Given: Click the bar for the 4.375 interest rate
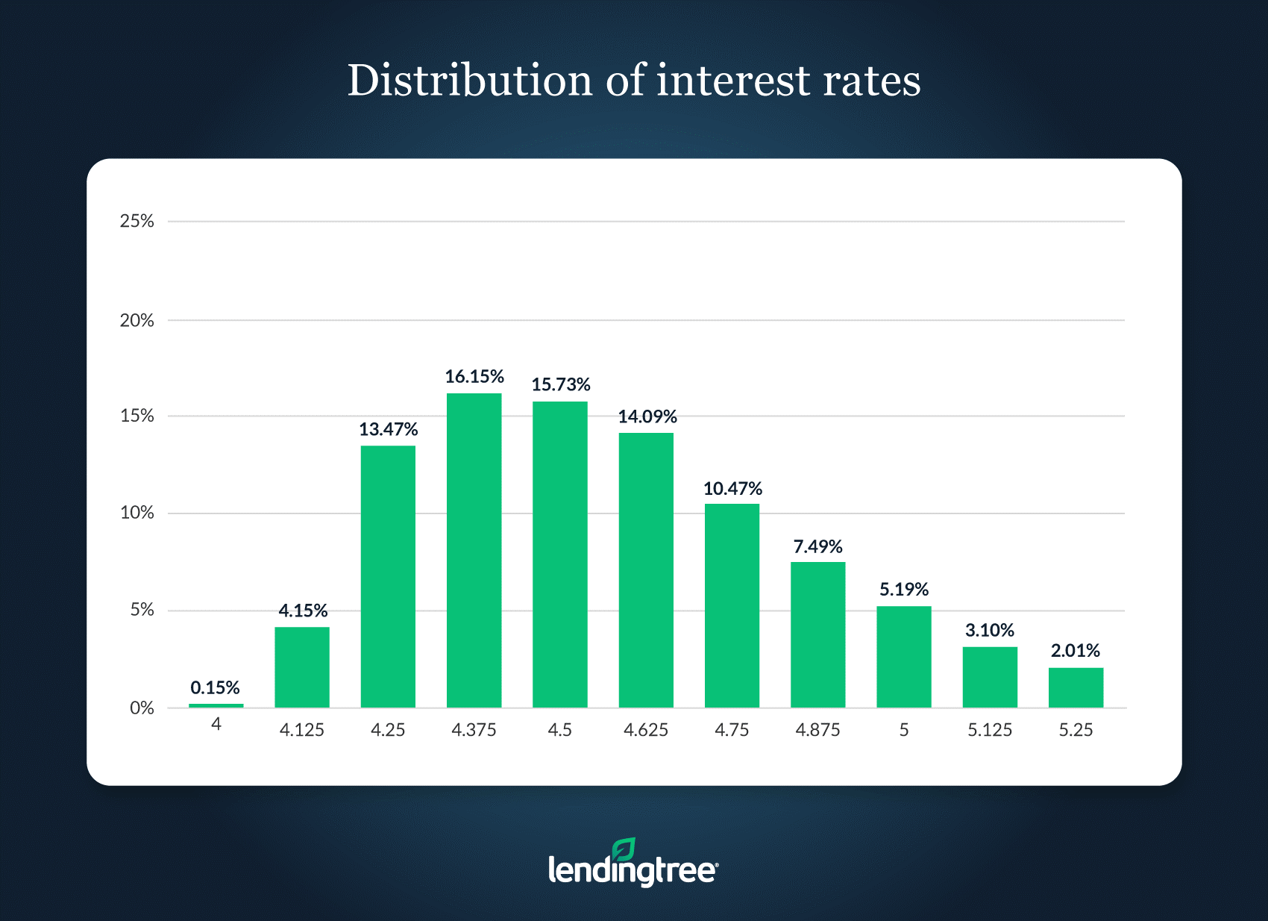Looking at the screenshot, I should click(474, 550).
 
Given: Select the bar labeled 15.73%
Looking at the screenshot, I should click(559, 555).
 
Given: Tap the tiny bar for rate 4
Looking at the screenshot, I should click(216, 705).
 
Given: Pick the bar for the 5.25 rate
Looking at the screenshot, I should click(1076, 687).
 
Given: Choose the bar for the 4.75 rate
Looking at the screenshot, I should click(732, 605).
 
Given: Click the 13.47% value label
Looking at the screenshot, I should click(388, 429).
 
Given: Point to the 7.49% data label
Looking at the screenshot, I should click(817, 546).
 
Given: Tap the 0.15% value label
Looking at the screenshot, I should click(215, 687).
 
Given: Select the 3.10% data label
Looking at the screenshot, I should click(989, 630).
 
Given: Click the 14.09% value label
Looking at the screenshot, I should click(647, 416).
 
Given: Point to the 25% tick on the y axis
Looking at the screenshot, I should click(136, 221).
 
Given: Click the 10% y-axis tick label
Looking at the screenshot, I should click(136, 513).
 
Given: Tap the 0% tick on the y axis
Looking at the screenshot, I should click(142, 708).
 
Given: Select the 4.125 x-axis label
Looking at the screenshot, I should click(301, 730).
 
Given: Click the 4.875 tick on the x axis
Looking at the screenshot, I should click(817, 730).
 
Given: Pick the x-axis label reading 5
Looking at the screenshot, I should click(903, 730).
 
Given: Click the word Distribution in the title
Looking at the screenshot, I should click(470, 81).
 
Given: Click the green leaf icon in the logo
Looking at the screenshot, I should click(624, 849).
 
